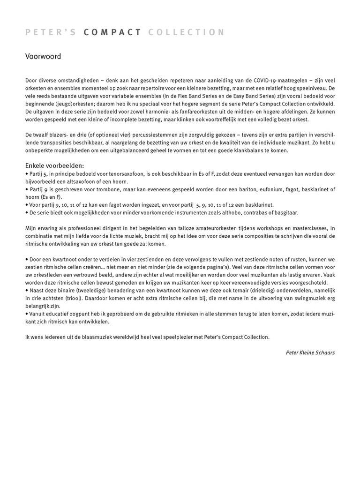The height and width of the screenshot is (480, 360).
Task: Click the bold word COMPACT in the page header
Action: point(112,32)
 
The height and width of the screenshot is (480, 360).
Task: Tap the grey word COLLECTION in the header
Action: point(186,32)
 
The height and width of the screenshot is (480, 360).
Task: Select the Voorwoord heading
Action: point(43,57)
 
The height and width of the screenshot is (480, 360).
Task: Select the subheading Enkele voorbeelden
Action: point(55,165)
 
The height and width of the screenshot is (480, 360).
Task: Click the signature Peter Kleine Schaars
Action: point(310,352)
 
